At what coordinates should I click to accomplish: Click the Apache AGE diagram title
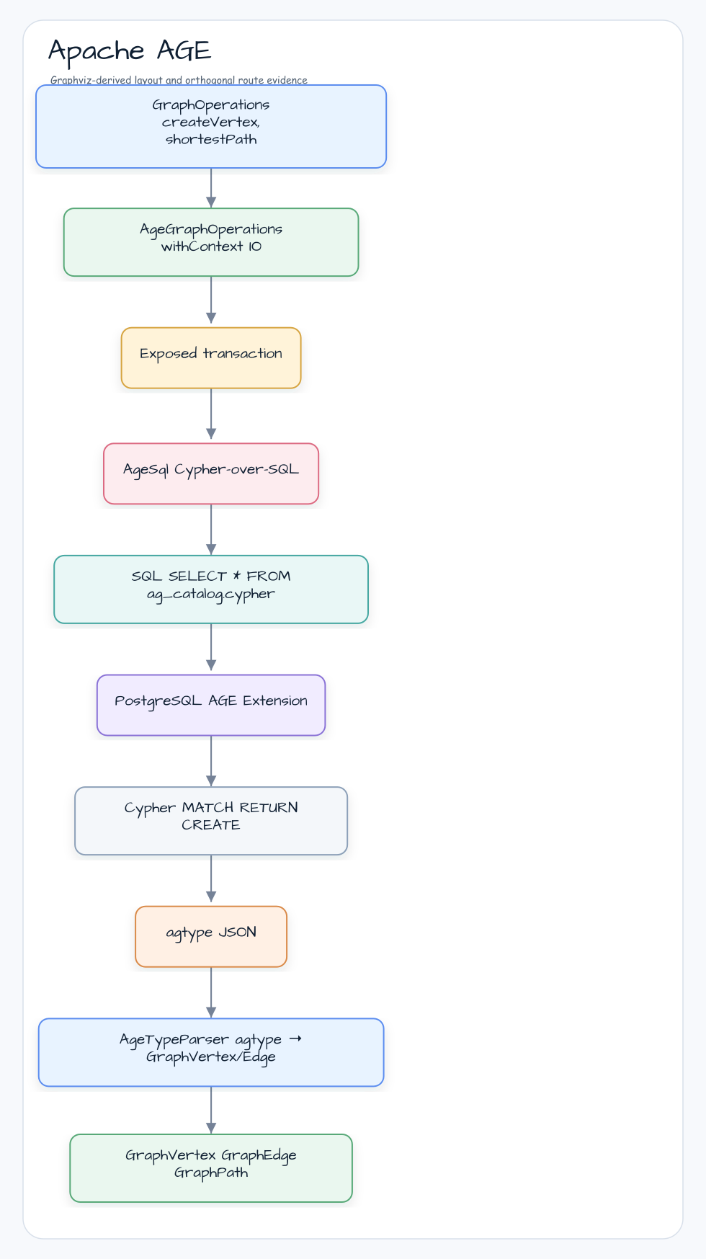click(x=130, y=50)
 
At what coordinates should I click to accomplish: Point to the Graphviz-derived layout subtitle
click(x=179, y=80)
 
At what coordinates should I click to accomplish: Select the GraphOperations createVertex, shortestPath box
click(x=211, y=127)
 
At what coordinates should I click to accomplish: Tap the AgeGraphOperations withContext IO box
click(x=211, y=242)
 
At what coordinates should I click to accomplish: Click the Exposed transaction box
click(x=211, y=358)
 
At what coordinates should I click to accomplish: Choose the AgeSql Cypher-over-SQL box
click(x=211, y=473)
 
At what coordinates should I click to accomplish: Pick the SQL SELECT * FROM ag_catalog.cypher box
click(x=211, y=590)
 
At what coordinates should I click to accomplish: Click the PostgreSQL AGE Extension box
click(x=211, y=705)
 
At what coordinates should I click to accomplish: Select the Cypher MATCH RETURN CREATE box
click(x=211, y=821)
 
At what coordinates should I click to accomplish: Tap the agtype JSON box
click(x=211, y=936)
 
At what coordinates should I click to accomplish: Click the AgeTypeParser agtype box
click(x=211, y=1052)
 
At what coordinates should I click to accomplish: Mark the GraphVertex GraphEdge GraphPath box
click(x=211, y=1168)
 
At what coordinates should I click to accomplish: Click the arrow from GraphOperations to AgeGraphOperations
click(x=211, y=188)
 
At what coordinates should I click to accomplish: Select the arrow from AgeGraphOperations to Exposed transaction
click(x=211, y=302)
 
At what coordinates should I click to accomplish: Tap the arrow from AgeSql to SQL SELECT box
click(x=211, y=530)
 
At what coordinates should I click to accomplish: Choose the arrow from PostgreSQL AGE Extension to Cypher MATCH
click(x=211, y=761)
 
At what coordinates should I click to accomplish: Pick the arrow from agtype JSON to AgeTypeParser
click(x=211, y=992)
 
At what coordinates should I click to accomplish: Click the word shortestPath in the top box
click(x=211, y=139)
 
